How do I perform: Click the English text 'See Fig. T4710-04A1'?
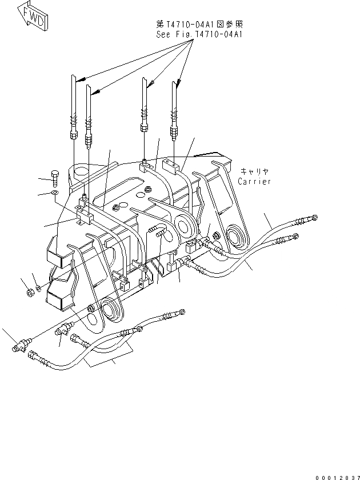tap(199, 34)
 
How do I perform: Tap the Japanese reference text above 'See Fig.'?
tap(199, 24)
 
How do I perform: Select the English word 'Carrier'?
tap(255, 181)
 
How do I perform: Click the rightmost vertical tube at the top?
tap(174, 106)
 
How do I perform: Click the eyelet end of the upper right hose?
tap(312, 218)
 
